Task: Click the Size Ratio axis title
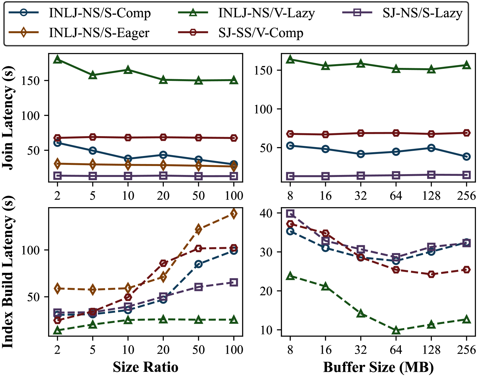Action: pyautogui.click(x=145, y=367)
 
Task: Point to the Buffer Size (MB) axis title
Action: pyautogui.click(x=378, y=367)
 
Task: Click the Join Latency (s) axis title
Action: pyautogui.click(x=8, y=118)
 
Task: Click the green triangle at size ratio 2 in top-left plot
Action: pyautogui.click(x=58, y=60)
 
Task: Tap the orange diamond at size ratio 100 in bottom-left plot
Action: pyautogui.click(x=234, y=214)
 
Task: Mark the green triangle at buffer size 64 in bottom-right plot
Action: pyautogui.click(x=396, y=330)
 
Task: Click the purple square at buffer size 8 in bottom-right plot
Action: pyautogui.click(x=290, y=214)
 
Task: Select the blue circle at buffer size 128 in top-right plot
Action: pyautogui.click(x=431, y=148)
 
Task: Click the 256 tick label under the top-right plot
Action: pyautogui.click(x=466, y=196)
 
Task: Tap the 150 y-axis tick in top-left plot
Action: pyautogui.click(x=30, y=81)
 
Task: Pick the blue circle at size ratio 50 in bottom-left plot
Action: pyautogui.click(x=198, y=264)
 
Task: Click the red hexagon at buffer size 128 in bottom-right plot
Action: pyautogui.click(x=431, y=274)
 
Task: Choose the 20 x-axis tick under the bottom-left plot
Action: pyautogui.click(x=163, y=350)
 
